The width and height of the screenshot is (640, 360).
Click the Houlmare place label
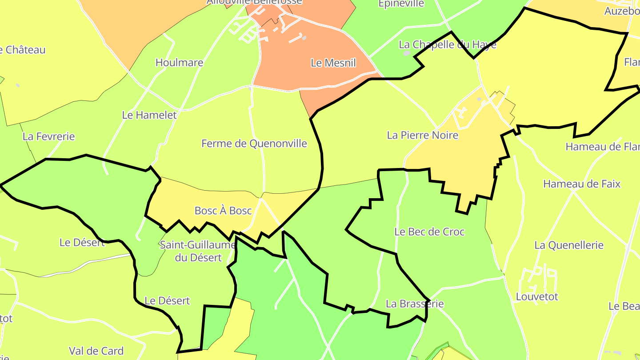click(x=179, y=63)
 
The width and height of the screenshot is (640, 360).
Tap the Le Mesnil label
click(x=333, y=63)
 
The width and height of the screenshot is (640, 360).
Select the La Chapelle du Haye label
click(x=448, y=45)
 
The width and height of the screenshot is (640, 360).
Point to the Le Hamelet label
click(x=149, y=115)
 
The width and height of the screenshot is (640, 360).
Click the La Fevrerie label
click(x=49, y=136)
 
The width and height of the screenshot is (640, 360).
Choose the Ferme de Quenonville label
click(x=254, y=144)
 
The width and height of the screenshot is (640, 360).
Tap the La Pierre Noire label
click(x=422, y=135)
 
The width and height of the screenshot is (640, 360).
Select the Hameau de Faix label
click(x=582, y=184)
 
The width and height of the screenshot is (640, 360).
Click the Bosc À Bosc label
click(x=223, y=211)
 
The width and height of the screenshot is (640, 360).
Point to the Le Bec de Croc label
click(x=429, y=232)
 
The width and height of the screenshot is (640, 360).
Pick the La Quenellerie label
click(x=569, y=245)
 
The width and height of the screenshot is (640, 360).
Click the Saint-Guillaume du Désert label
click(x=198, y=251)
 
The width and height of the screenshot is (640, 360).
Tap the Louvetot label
click(x=537, y=296)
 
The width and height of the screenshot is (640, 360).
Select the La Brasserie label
click(x=415, y=304)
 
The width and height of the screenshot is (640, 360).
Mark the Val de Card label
click(x=96, y=351)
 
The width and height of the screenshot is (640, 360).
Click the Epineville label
click(x=401, y=4)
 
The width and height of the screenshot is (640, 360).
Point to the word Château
click(x=26, y=50)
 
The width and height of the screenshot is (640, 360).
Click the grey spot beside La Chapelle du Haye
click(x=407, y=53)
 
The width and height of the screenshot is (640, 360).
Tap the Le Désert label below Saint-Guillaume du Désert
click(x=167, y=301)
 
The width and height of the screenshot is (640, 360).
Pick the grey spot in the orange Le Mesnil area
click(x=304, y=38)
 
